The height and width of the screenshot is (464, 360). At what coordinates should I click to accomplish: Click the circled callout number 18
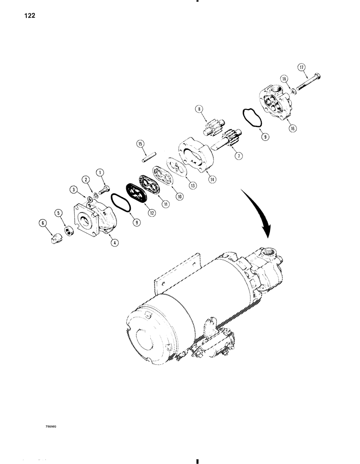284,79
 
